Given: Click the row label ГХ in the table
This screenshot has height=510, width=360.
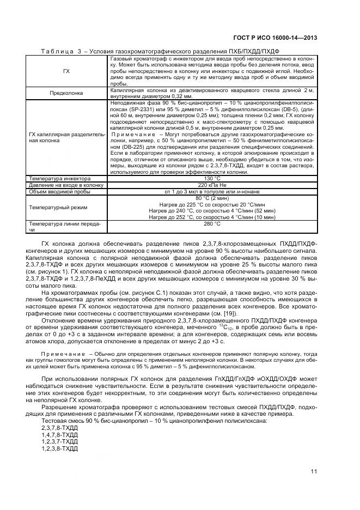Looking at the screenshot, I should tap(66, 71).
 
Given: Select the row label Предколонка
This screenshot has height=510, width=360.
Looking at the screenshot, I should tap(66, 93).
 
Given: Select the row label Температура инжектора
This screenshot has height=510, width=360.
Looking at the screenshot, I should tap(60, 178).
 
